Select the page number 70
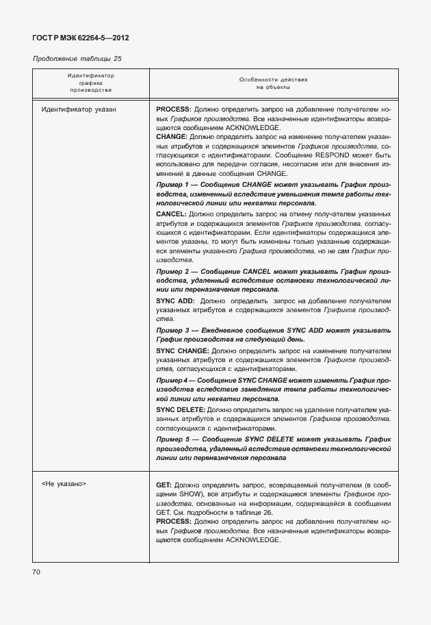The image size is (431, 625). click(36, 571)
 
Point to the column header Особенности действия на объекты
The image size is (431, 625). click(273, 83)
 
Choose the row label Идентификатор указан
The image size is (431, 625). click(79, 110)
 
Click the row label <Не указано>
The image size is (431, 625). click(63, 483)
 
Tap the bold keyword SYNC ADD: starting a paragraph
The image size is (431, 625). click(176, 301)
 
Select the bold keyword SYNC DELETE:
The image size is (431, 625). click(181, 409)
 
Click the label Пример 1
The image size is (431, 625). click(172, 185)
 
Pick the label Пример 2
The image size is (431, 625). click(172, 272)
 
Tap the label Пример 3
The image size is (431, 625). click(172, 329)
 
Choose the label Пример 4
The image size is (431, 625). click(171, 380)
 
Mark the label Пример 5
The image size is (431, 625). click(172, 438)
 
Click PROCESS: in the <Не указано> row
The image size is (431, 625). click(174, 522)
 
